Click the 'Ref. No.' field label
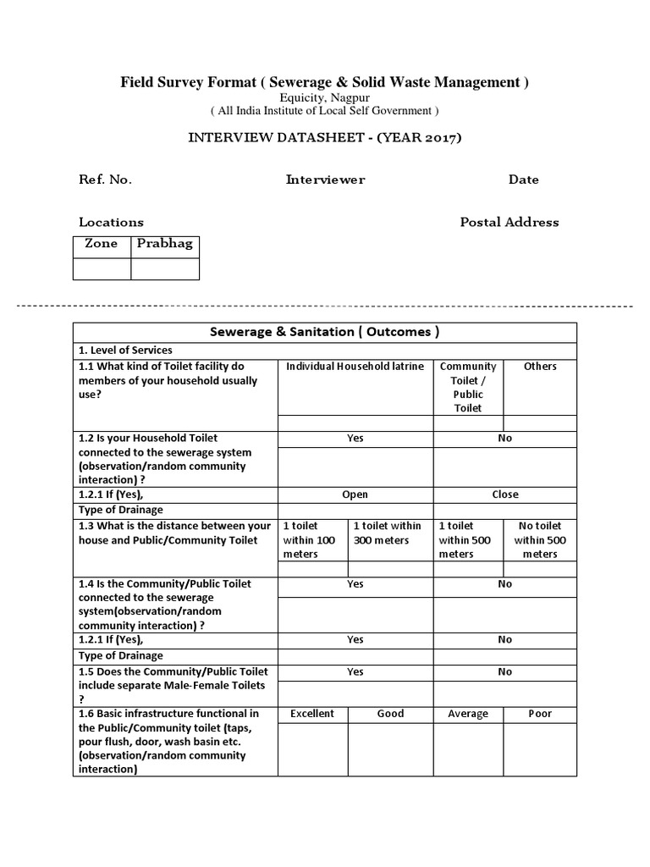tap(105, 179)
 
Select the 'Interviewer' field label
tap(325, 179)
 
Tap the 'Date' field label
tap(523, 179)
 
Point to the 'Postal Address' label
tap(509, 222)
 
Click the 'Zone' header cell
tap(102, 244)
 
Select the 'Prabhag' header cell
tap(165, 244)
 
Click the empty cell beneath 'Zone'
tap(102, 268)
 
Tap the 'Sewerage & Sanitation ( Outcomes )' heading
tap(325, 332)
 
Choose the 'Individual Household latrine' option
tap(355, 367)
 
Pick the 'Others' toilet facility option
tap(540, 367)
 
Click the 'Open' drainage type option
tap(355, 494)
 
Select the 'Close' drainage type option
tap(505, 494)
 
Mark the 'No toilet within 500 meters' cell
tap(540, 539)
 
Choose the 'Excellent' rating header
tap(312, 714)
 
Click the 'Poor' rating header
tap(540, 714)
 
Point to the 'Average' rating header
tap(468, 714)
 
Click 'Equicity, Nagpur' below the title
tap(325, 98)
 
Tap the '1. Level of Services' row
tap(125, 351)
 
